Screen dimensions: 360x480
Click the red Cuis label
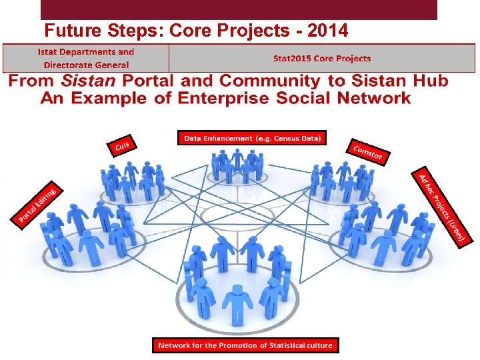coord(122,145)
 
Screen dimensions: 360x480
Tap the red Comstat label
coord(367,152)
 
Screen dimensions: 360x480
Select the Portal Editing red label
coord(37,203)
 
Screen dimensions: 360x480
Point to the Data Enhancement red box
coord(252,138)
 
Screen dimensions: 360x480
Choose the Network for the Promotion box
coord(245,345)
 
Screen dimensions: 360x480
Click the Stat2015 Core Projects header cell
coord(321,59)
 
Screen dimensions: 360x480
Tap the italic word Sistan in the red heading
coord(88,81)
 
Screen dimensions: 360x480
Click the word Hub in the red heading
coord(429,81)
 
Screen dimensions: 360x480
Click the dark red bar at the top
coord(239,9)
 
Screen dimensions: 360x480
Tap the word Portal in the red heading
coord(147,81)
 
